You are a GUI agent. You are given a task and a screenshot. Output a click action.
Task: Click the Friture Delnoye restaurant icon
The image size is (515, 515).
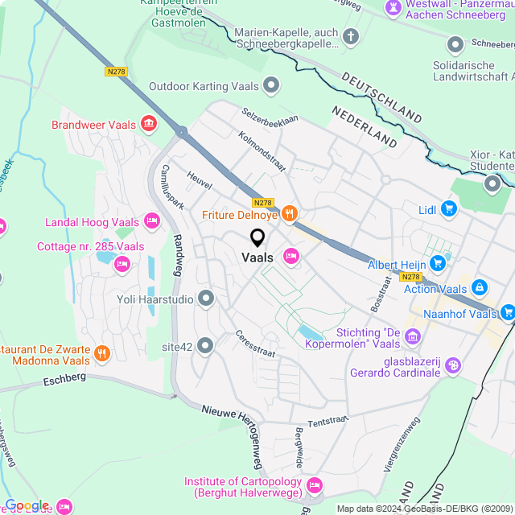290,214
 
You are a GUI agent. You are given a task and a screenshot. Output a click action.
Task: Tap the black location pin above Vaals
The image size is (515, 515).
257,238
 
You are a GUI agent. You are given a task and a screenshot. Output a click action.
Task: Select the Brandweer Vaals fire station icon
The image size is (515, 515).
149,124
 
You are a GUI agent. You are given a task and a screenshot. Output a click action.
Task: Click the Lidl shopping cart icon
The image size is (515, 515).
449,210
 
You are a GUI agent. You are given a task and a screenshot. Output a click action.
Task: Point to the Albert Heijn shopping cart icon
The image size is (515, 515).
438,263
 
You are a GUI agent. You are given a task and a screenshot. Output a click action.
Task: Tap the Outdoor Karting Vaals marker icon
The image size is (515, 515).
272,84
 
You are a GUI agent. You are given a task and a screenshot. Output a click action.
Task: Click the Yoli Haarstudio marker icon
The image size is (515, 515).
206,299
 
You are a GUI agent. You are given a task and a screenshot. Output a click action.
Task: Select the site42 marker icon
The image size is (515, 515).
206,346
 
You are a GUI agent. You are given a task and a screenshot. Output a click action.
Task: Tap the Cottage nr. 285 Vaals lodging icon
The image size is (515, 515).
122,262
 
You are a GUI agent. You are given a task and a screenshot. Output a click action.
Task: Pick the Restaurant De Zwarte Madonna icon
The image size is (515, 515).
101,352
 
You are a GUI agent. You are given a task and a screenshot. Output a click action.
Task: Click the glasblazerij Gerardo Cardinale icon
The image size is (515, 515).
453,366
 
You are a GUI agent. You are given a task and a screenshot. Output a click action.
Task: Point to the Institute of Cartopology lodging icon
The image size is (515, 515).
314,484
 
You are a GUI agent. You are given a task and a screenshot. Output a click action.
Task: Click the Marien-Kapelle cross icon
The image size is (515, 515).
351,36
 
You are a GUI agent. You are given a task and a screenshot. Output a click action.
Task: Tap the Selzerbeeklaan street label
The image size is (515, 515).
270,117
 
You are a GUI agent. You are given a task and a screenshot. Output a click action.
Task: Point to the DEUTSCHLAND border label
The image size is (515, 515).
381,95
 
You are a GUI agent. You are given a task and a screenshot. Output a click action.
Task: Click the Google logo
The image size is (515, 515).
27,505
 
